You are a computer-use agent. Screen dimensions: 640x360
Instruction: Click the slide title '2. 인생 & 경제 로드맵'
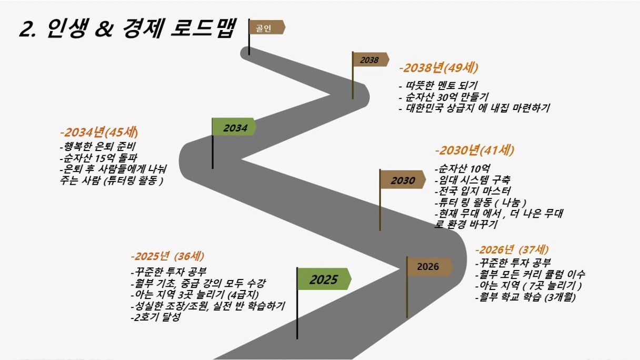127,28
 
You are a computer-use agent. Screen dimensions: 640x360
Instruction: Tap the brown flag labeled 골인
267,27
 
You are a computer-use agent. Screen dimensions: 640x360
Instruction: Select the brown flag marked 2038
371,59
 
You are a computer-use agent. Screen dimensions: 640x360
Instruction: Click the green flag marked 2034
234,127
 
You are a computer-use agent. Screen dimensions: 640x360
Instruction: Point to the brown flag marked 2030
402,179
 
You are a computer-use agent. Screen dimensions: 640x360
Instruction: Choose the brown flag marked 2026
429,266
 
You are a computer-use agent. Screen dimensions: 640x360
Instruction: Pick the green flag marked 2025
324,279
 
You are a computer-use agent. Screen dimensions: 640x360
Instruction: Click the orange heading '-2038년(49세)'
438,68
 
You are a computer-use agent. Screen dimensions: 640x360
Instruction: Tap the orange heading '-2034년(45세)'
99,132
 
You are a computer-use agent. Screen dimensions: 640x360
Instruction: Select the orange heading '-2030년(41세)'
474,151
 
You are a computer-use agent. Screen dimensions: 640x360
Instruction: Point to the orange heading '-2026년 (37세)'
512,249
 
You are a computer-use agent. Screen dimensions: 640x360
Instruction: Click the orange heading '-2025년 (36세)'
167,256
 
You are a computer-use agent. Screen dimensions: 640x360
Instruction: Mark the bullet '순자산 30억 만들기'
444,97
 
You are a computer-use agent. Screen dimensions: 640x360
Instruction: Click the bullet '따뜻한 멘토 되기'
438,85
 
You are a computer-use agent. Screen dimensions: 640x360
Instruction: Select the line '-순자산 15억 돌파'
98,158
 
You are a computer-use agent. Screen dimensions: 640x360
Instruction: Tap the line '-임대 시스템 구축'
472,179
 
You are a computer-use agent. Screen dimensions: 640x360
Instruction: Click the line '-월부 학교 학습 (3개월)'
525,297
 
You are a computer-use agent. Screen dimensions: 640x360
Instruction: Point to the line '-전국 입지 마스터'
473,191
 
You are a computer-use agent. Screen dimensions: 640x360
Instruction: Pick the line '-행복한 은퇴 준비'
97,146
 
